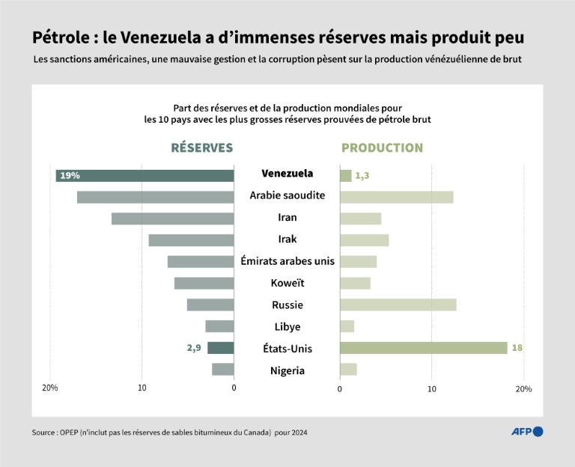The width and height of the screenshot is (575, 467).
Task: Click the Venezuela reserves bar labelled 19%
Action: coord(144,176)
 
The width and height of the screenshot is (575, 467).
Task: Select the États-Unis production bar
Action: coord(423,348)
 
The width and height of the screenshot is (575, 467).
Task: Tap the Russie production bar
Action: coord(398,305)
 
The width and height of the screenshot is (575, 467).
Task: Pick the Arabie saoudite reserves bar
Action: coord(155,197)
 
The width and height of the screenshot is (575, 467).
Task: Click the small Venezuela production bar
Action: coord(345,176)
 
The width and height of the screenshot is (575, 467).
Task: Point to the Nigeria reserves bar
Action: coord(222,370)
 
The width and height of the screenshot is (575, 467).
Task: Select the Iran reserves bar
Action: coord(172,219)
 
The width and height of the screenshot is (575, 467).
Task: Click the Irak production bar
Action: coord(364,240)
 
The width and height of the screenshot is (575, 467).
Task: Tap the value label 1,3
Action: coord(362,176)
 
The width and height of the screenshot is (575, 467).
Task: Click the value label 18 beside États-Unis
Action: coord(518,348)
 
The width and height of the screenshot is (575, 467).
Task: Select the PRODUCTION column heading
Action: coord(382,148)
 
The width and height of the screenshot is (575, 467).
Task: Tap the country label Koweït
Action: coord(287,283)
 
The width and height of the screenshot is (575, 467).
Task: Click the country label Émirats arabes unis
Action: coord(287,261)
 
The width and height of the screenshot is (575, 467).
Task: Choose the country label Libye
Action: coord(287,326)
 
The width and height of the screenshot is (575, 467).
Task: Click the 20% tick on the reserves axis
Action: coord(49,388)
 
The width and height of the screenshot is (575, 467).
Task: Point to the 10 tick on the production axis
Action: coord(431,389)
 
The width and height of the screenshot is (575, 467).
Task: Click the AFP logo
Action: coord(527,431)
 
